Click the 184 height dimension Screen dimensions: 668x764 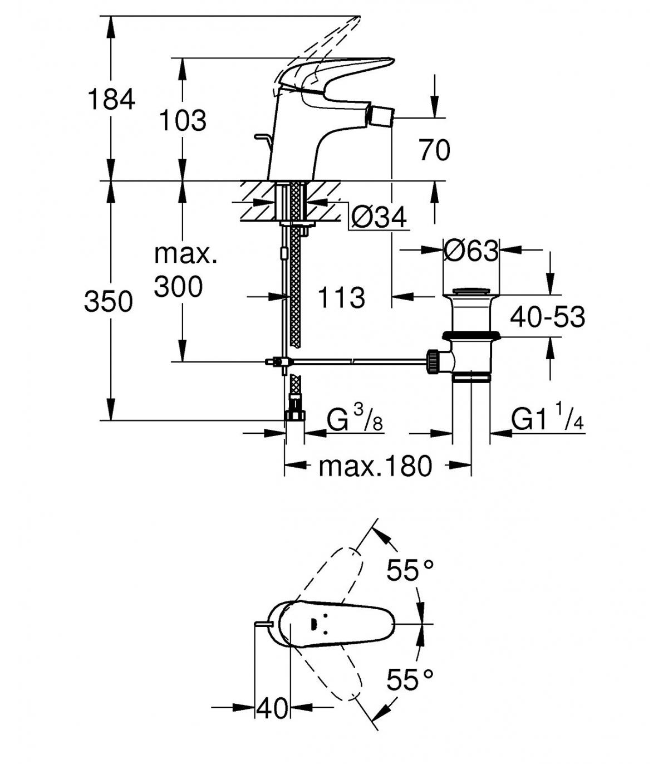click(111, 99)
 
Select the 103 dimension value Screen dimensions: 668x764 click(183, 120)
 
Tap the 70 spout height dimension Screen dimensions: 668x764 click(435, 150)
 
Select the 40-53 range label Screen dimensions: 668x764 click(547, 317)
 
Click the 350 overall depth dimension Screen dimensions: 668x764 click(108, 301)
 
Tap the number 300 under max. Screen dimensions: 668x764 click(178, 286)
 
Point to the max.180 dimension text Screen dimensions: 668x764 click(375, 466)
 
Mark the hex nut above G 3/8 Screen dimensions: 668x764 click(295, 415)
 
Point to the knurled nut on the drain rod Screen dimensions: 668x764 click(433, 361)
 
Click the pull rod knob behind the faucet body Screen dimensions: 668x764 click(263, 137)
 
